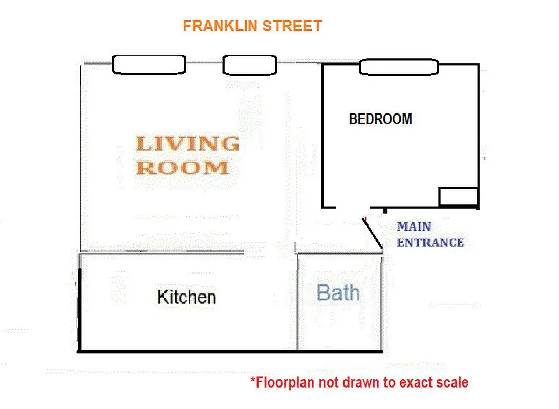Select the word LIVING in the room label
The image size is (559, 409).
coord(187,144)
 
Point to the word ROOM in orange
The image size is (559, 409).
coord(182,168)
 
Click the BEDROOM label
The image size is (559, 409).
coord(380,119)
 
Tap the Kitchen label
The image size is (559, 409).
coord(186,297)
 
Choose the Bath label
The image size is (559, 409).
coord(338,293)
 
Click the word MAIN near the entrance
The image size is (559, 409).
coord(414,226)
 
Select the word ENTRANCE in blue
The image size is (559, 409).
coord(431,243)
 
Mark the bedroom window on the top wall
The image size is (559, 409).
coord(399,67)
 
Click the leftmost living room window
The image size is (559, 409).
coord(148,64)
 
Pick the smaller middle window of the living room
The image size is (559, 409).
coord(250,65)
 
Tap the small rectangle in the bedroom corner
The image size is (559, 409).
coord(459,197)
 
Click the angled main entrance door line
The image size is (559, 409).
coord(373,233)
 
